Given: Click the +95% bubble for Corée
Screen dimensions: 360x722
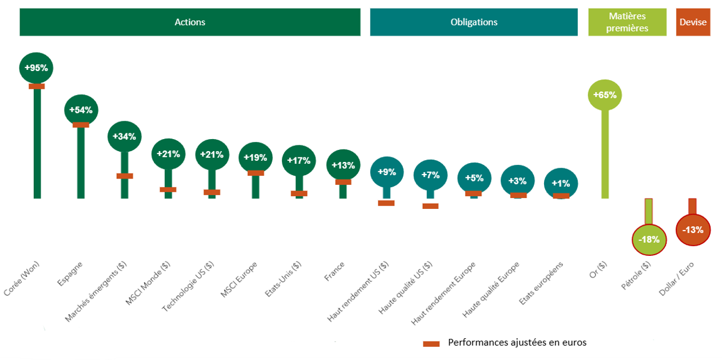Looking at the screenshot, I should [x=36, y=68].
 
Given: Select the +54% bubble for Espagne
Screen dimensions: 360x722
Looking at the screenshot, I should [x=81, y=109].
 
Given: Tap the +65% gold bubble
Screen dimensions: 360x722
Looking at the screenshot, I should [x=604, y=95].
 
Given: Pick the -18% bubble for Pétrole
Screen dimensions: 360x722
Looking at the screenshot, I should [x=649, y=239].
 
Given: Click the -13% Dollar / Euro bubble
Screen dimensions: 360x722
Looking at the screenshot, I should [x=693, y=230].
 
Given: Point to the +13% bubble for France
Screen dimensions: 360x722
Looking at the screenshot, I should [x=343, y=165].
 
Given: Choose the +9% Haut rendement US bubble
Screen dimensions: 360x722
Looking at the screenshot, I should [x=387, y=172].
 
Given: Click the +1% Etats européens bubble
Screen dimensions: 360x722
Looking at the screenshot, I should [x=561, y=183].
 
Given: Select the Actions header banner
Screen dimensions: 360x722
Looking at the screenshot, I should [x=190, y=22].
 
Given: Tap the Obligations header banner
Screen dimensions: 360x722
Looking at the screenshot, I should [x=474, y=22].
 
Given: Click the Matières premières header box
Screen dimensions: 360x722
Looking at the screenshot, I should [x=627, y=22].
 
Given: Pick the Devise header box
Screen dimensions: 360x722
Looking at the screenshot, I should [x=693, y=22].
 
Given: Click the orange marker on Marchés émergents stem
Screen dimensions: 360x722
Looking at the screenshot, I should [x=125, y=176].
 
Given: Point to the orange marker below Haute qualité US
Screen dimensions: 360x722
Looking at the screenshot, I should [x=430, y=206].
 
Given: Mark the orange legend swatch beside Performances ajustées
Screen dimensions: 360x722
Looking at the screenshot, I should [x=431, y=343].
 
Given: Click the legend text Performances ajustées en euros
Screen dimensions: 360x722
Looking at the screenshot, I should [x=517, y=343].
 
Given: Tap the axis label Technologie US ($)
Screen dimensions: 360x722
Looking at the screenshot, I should [x=189, y=286].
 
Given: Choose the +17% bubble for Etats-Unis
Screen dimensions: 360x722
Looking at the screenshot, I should [x=299, y=160].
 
